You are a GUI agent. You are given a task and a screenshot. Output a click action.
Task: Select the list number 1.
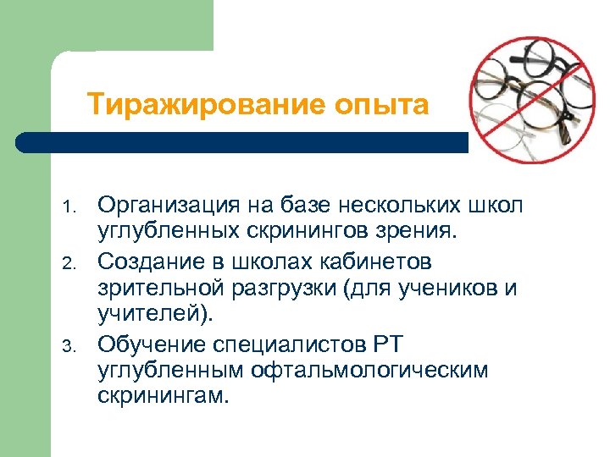click(x=73, y=207)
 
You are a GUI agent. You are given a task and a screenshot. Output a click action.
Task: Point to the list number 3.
click(x=73, y=345)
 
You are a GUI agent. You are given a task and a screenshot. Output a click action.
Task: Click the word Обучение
click(x=151, y=346)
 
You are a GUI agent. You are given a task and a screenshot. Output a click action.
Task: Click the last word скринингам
click(x=163, y=394)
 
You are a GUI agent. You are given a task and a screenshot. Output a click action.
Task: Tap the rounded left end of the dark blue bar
click(x=24, y=142)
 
